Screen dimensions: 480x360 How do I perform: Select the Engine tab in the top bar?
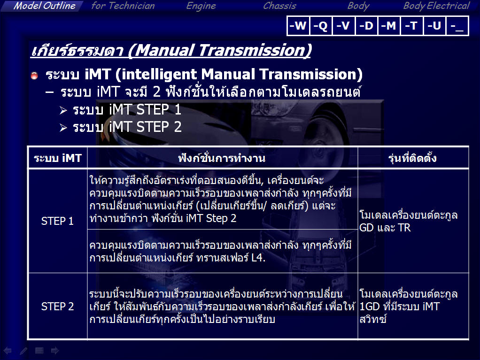tap(201, 6)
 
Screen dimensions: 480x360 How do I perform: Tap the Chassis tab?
tap(279, 6)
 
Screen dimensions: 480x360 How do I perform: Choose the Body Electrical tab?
tap(436, 6)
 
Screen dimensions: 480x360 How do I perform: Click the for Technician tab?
tap(123, 6)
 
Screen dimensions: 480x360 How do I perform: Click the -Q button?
tap(320, 26)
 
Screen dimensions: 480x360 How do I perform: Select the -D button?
tap(366, 26)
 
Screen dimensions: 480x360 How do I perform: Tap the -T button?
tap(411, 26)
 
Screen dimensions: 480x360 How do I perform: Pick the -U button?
tap(434, 26)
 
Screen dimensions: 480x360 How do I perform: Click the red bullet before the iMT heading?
tap(34, 75)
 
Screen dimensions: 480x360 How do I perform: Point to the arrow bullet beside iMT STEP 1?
tap(63, 110)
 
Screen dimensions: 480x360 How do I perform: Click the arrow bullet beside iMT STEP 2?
tap(63, 128)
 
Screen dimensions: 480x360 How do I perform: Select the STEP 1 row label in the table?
tap(57, 221)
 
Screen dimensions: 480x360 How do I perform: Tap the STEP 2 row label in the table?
tap(57, 306)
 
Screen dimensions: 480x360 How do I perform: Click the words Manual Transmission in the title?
tap(219, 50)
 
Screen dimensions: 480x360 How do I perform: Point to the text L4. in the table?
tap(258, 258)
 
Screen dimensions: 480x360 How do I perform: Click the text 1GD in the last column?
tap(370, 306)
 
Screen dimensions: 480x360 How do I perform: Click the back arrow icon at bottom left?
tap(8, 351)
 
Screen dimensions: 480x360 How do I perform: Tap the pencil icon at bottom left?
tap(23, 351)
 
